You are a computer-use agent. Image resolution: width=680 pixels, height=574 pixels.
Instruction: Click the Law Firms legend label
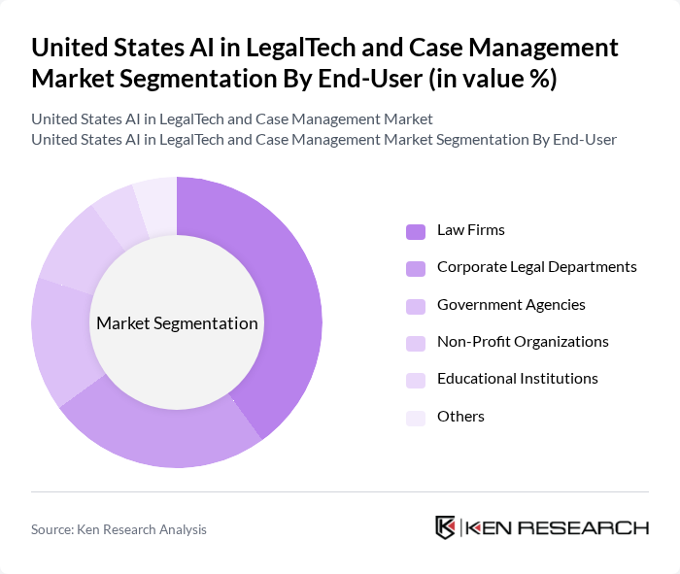(471, 230)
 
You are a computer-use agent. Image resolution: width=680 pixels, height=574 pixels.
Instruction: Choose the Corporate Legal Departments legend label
(536, 267)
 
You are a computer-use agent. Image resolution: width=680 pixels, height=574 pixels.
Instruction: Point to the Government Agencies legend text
(511, 304)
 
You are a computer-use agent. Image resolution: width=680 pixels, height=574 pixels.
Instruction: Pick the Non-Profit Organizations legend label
(523, 342)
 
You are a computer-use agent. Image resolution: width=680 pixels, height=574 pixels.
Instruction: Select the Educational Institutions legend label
(517, 379)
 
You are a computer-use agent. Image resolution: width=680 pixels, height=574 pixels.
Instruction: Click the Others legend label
(460, 416)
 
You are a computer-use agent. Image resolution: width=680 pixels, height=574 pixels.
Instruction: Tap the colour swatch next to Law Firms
(416, 231)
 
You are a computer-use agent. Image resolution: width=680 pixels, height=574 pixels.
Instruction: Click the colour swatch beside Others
(416, 417)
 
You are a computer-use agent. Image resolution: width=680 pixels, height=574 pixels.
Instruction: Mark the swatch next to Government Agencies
(416, 305)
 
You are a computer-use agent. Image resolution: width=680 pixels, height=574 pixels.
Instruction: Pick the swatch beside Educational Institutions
(416, 380)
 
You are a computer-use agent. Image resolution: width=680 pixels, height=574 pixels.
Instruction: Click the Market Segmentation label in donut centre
(177, 323)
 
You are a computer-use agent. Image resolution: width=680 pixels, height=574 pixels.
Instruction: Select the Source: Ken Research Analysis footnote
(119, 529)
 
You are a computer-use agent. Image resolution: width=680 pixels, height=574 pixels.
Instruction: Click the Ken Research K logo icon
(445, 527)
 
